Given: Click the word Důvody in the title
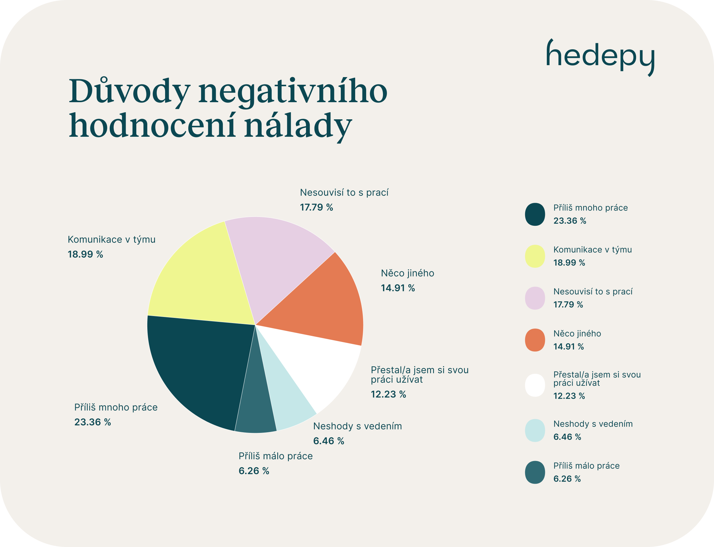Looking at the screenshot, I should (x=129, y=91).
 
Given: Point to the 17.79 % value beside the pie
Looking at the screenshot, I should (x=316, y=207).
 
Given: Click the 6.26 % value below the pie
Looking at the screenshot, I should (x=254, y=471).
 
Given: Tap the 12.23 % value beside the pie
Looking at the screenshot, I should (x=388, y=394).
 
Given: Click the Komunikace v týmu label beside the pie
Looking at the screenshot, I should (x=111, y=239).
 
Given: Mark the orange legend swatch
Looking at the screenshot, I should (x=535, y=340).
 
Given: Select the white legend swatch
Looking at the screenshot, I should (x=535, y=385).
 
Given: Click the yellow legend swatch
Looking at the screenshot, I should (x=535, y=256).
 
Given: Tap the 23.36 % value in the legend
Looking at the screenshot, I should (x=569, y=221).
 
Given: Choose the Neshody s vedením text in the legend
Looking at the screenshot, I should (x=593, y=424).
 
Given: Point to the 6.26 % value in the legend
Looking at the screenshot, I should (x=567, y=478).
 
